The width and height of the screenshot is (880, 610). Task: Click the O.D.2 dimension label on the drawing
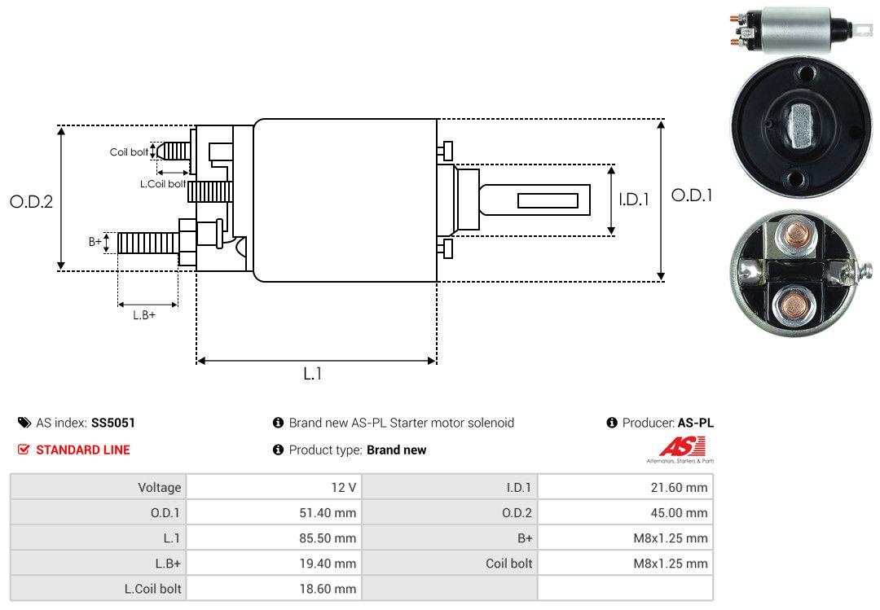pos(32,201)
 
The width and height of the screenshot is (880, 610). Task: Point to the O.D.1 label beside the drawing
pos(692,195)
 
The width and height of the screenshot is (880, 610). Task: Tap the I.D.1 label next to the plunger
pos(634,200)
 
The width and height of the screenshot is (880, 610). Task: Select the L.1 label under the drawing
pos(313,374)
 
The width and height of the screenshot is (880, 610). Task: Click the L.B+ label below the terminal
pos(144,315)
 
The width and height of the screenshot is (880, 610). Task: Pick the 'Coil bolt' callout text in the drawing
pos(129,152)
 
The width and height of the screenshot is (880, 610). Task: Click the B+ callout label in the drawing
pos(95,242)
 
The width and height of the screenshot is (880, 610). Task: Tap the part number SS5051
pos(113,423)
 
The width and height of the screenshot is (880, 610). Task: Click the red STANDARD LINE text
pos(83,450)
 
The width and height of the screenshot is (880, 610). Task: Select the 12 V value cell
pos(274,487)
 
